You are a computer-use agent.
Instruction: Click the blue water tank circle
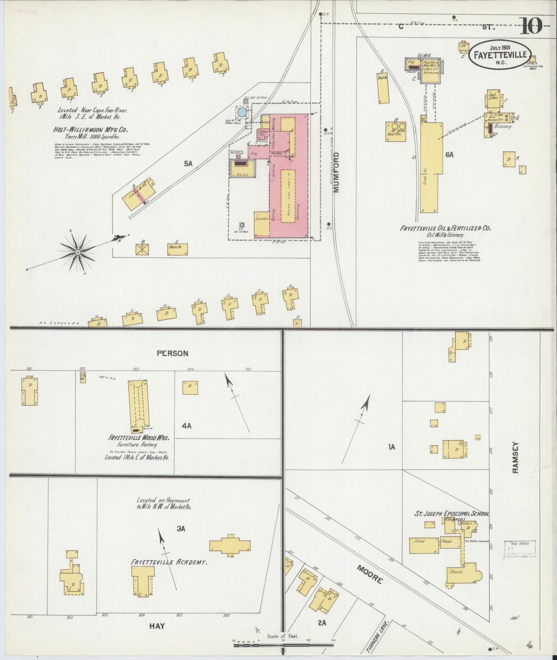coord(242,112)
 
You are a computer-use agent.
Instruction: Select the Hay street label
coord(157,626)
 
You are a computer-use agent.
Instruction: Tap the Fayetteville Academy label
coord(170,562)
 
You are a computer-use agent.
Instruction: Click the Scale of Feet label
coord(283,636)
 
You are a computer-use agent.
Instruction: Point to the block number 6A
coord(449,155)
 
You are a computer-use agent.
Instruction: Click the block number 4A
coord(187,425)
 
